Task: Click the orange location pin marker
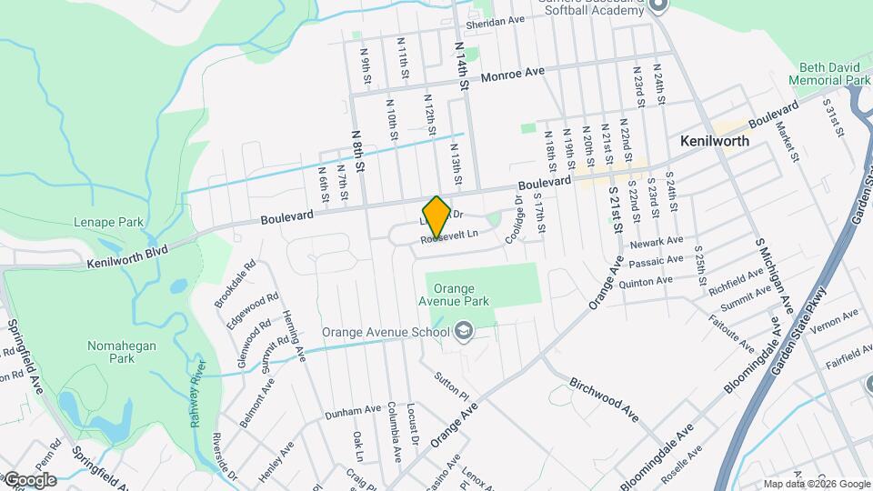[x=436, y=215]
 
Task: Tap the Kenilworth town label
[x=715, y=142]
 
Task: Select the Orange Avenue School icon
[x=465, y=331]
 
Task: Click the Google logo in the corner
[x=30, y=480]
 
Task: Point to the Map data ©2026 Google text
[x=817, y=484]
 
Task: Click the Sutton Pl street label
[x=449, y=387]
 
